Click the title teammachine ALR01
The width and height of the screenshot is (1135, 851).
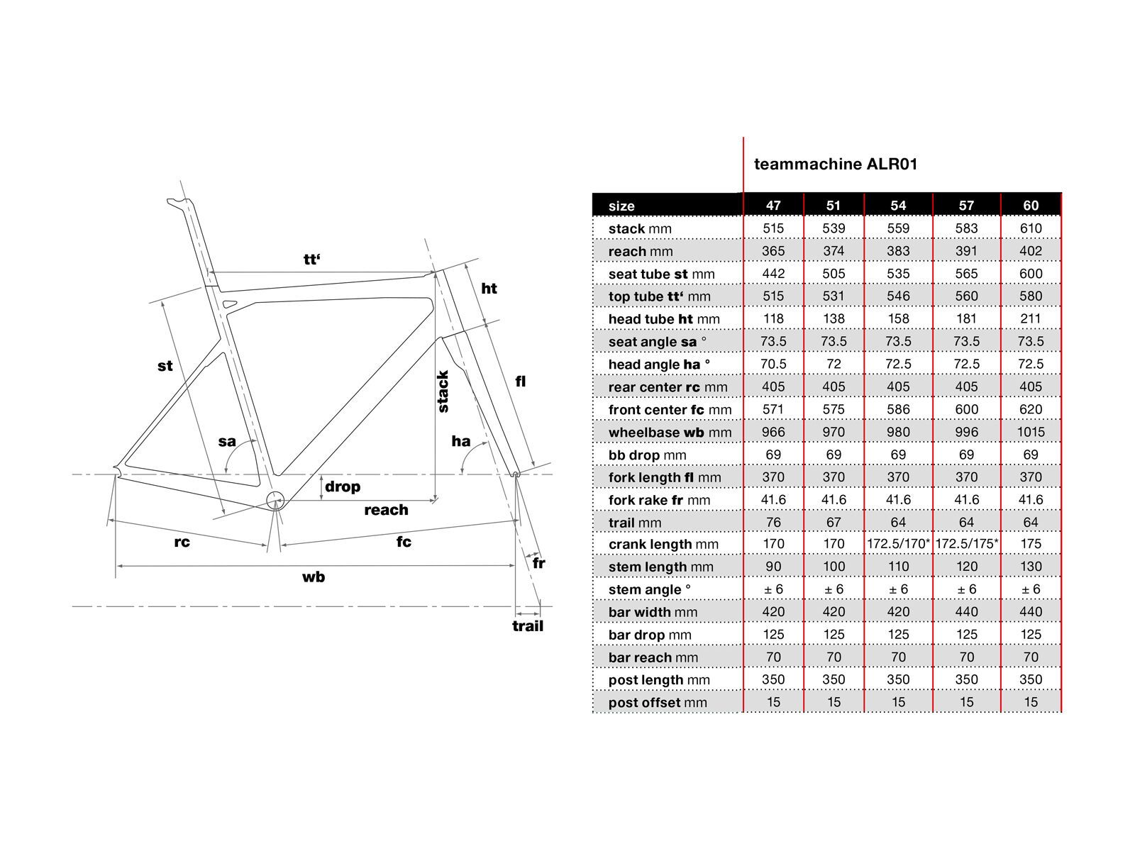(835, 165)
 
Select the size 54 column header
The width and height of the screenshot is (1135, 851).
(898, 206)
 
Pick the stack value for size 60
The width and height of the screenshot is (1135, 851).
(1031, 228)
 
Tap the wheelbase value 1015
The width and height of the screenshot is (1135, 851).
(1031, 432)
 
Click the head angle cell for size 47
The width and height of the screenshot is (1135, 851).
(773, 364)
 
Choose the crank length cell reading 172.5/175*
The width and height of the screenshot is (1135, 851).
(966, 544)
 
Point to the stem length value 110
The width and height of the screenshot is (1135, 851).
(898, 567)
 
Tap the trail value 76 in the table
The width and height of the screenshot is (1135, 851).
(773, 523)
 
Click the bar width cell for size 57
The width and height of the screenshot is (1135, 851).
(966, 612)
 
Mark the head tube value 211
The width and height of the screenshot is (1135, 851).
(1031, 319)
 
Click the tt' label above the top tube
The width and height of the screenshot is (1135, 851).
(312, 260)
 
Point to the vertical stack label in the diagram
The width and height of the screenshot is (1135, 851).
(443, 391)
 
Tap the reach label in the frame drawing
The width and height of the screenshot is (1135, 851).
(386, 510)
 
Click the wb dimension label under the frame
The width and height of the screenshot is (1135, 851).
(314, 577)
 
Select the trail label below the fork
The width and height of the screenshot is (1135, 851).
(528, 626)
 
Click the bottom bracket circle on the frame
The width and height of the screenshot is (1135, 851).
(275, 501)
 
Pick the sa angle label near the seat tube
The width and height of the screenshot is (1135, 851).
(227, 441)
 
